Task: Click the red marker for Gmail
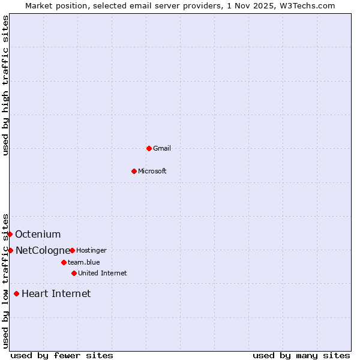[149, 148]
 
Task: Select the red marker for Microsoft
[134, 171]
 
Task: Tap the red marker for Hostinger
[72, 250]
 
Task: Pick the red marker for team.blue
[64, 262]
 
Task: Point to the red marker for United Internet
[74, 273]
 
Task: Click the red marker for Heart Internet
[16, 293]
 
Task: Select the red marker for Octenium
[10, 234]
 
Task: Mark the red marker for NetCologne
[10, 250]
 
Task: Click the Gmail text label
[162, 148]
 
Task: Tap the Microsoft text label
[152, 171]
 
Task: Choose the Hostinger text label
[91, 250]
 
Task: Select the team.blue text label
[84, 262]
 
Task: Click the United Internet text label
[103, 273]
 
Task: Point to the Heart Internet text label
[56, 293]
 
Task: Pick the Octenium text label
[38, 234]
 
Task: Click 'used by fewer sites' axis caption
[62, 355]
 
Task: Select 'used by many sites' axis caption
[301, 355]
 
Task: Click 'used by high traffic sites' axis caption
[5, 85]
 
